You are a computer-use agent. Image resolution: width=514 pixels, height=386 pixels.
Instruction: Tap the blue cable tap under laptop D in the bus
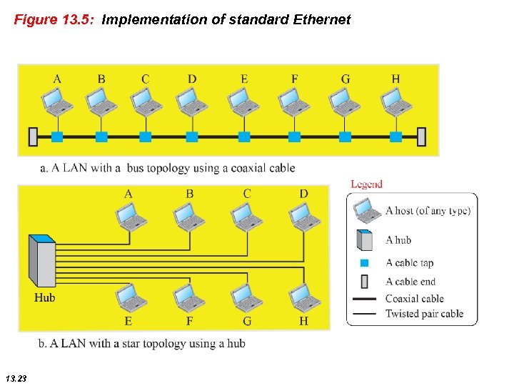[191, 136]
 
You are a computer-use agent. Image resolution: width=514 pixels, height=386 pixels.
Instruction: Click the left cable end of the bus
[33, 136]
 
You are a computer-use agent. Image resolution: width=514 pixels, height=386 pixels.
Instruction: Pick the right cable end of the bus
[421, 136]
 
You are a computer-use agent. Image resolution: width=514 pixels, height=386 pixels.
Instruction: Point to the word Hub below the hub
[44, 297]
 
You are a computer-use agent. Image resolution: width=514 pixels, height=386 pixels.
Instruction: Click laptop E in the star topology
[128, 295]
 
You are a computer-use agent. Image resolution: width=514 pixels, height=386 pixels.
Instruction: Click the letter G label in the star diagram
[247, 321]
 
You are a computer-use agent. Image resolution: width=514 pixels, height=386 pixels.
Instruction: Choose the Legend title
[366, 184]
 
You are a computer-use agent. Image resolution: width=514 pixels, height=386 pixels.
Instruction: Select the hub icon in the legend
[365, 239]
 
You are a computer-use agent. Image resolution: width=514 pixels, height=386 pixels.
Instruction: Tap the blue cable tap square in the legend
[364, 263]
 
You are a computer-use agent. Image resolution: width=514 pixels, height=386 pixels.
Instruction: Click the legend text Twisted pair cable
[424, 314]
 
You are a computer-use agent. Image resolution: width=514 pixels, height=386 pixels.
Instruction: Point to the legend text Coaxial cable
[414, 299]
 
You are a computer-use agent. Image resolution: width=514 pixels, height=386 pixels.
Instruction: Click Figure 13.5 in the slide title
[55, 20]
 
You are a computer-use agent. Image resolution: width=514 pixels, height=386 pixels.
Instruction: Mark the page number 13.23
[15, 377]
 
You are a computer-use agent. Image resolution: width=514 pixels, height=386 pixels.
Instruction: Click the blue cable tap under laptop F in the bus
[294, 136]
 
